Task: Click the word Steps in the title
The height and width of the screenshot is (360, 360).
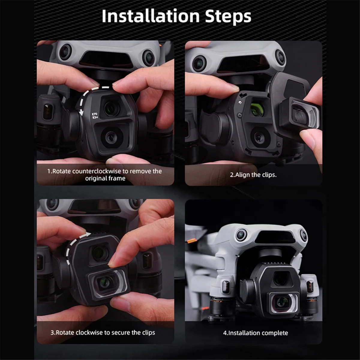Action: [228, 16]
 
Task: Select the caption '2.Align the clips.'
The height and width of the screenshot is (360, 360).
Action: [253, 175]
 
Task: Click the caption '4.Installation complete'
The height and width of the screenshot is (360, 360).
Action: [255, 333]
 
